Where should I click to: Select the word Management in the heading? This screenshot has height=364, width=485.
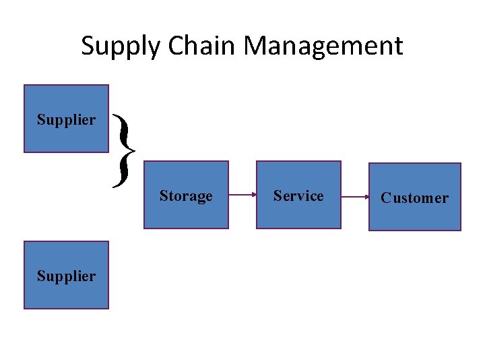click(x=323, y=46)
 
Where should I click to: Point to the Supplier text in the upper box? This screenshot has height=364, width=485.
click(x=66, y=120)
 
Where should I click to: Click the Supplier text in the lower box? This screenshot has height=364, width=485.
click(x=66, y=276)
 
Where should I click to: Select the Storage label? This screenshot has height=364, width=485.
click(x=186, y=196)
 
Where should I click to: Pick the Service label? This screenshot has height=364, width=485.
click(x=298, y=196)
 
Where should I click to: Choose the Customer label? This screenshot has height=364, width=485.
click(x=414, y=198)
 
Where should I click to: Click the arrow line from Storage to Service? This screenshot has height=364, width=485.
click(x=241, y=196)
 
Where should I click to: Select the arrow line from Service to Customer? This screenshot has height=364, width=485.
click(x=354, y=198)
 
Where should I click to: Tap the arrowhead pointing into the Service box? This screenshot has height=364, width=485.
click(x=253, y=196)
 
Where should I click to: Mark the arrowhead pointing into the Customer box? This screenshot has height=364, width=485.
click(x=366, y=198)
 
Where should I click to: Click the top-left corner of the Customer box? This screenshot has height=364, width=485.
click(x=370, y=164)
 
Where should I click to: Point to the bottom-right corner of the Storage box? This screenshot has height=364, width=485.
click(x=228, y=229)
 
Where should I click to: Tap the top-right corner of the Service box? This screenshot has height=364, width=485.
click(x=341, y=161)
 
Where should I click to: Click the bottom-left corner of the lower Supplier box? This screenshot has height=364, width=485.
click(x=25, y=308)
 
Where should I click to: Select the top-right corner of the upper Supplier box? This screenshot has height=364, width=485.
click(x=108, y=86)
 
